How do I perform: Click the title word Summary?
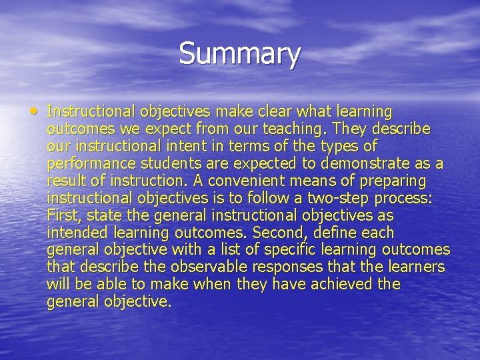coord(239,54)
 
